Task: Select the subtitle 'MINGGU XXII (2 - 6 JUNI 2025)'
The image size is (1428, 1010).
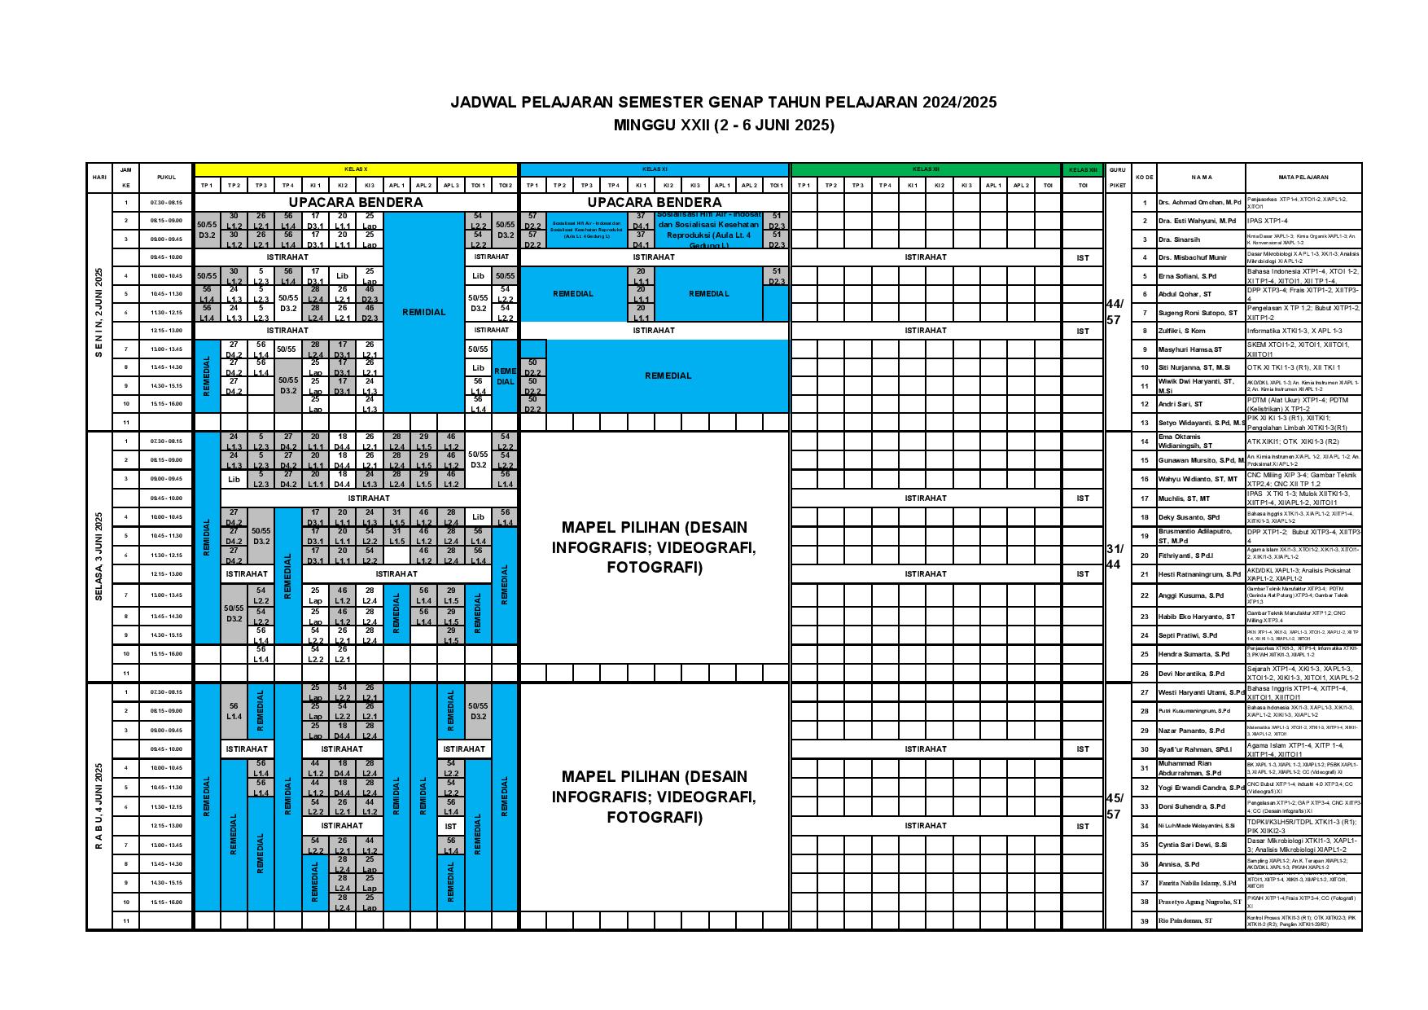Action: click(724, 125)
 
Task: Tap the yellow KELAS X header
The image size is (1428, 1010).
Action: click(356, 169)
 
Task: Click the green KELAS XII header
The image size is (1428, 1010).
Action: click(925, 169)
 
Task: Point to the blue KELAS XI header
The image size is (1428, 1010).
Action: click(655, 169)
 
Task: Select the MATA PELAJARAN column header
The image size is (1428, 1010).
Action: click(1303, 177)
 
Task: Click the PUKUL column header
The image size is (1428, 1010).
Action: click(166, 177)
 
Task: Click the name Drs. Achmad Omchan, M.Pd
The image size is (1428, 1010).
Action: click(1198, 202)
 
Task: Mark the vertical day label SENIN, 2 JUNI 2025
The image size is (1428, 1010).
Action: click(99, 311)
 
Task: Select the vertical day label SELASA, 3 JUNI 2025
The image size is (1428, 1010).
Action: click(99, 556)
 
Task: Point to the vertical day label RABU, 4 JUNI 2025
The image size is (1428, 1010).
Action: click(99, 806)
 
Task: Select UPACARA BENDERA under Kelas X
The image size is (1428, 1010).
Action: click(356, 202)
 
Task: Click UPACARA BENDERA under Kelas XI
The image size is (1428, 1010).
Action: click(655, 202)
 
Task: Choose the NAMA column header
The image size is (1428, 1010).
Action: click(1201, 177)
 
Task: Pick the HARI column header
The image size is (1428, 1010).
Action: click(99, 177)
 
